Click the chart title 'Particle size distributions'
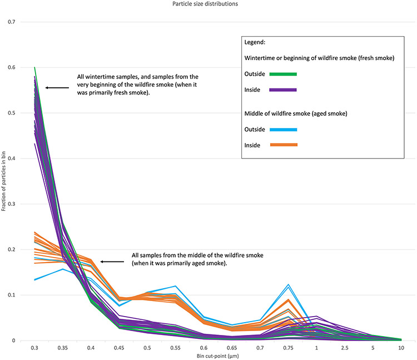208,6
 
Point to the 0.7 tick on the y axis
11,22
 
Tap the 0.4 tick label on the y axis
11,159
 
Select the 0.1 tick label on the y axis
11,295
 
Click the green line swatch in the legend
283,73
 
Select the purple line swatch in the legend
283,90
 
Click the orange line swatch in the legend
283,145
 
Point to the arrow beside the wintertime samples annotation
57,87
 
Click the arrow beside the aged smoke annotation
112,261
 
